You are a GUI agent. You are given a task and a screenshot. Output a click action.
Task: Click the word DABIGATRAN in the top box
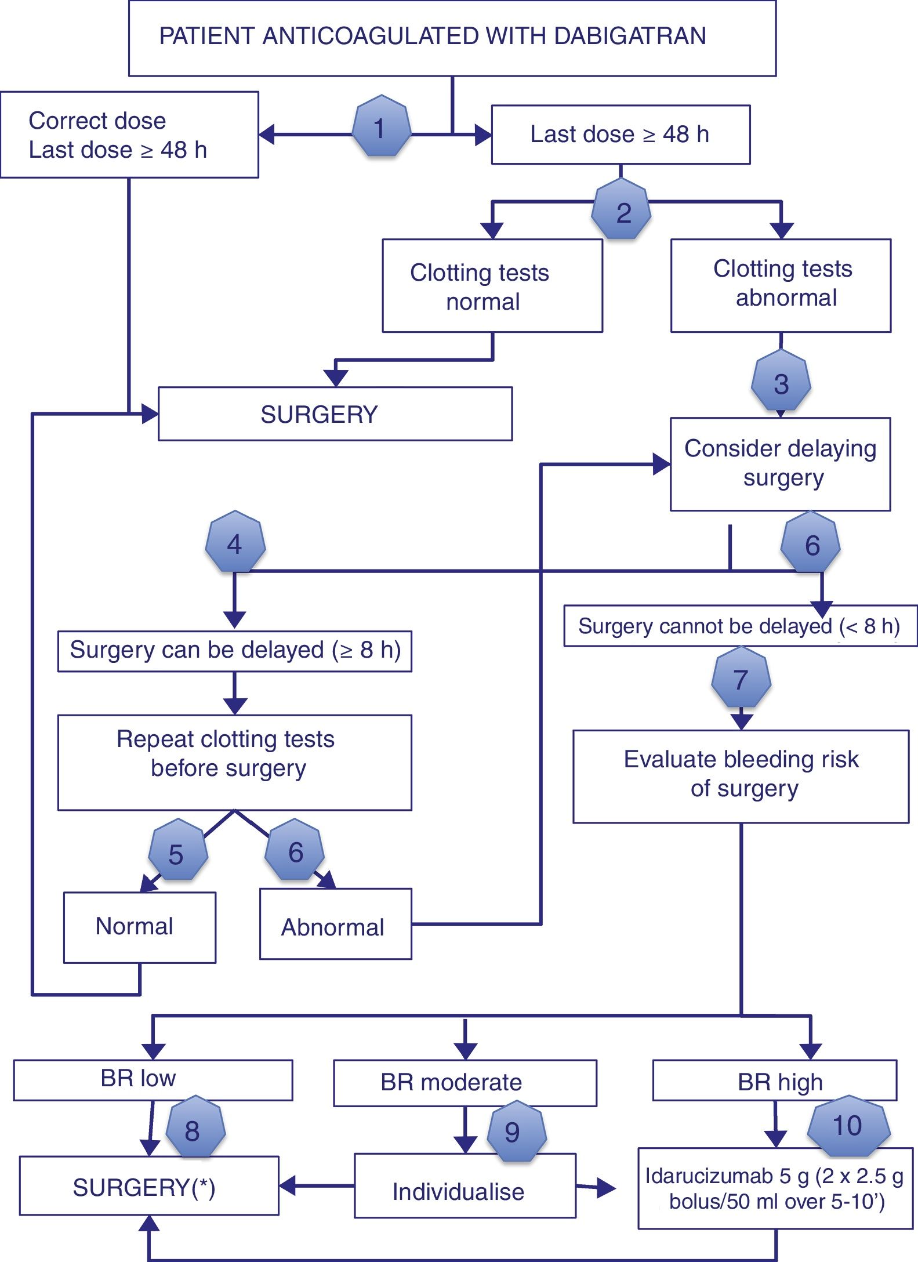click(630, 36)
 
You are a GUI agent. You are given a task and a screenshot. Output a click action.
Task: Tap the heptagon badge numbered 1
click(380, 127)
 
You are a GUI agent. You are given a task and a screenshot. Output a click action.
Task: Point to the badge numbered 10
click(847, 1126)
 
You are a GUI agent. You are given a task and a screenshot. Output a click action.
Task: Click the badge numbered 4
click(235, 543)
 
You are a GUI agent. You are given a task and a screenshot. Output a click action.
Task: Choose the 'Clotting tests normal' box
click(492, 285)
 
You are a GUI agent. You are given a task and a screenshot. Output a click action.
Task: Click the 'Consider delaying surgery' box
click(780, 463)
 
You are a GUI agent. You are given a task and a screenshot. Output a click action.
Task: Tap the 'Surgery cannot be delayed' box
click(739, 626)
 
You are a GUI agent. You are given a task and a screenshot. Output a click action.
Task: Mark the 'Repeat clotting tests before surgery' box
click(234, 761)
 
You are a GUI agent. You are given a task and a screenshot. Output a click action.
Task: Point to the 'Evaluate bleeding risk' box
click(741, 775)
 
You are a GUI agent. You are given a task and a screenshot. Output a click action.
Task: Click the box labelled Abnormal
click(335, 926)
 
